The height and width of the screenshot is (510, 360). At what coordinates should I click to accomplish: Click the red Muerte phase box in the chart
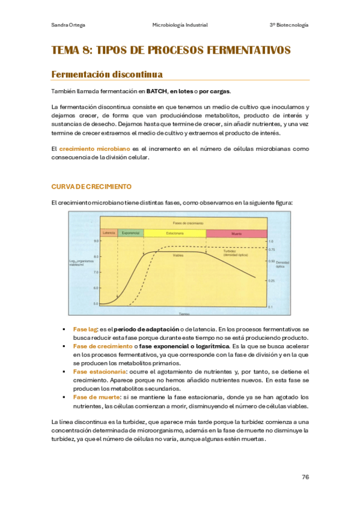pos(236,233)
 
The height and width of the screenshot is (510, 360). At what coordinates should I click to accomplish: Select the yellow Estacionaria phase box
pos(175,233)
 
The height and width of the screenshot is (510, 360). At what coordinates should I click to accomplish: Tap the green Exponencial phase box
pos(130,233)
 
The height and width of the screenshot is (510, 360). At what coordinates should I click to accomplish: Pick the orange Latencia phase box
pos(109,233)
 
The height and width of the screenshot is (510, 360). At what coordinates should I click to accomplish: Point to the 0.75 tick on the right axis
pos(272,249)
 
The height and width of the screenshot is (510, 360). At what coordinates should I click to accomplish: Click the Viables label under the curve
pos(178,255)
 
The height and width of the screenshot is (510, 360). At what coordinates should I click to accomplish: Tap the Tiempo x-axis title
pos(183,315)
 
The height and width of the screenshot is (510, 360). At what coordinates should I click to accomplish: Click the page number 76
pos(305,477)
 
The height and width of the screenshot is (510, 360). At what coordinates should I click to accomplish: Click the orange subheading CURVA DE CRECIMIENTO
pos(92,187)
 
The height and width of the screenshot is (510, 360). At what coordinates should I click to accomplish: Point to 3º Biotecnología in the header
pos(289,25)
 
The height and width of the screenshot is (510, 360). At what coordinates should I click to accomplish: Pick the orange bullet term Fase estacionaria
pos(95,372)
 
